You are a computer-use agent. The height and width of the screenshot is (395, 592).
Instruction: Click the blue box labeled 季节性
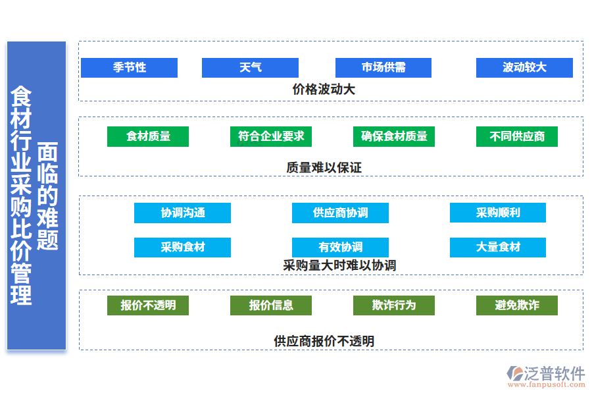click(129, 68)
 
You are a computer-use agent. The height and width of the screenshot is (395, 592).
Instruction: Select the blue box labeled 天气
click(250, 68)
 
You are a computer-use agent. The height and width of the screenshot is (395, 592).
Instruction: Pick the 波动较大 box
click(524, 68)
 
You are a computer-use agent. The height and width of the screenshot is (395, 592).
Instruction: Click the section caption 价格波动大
click(324, 89)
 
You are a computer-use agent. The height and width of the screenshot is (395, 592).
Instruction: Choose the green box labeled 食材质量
click(148, 136)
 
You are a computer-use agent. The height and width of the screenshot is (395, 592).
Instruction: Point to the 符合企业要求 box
click(271, 136)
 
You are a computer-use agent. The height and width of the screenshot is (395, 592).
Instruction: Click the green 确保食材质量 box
click(394, 136)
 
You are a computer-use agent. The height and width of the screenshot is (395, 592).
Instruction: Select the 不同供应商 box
click(517, 136)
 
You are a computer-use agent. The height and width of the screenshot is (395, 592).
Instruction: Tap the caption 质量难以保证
click(324, 167)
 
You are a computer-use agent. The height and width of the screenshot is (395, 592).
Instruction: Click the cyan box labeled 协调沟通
click(182, 213)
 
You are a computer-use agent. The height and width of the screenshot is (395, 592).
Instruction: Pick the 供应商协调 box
click(340, 213)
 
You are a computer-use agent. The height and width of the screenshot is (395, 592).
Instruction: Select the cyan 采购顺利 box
click(498, 213)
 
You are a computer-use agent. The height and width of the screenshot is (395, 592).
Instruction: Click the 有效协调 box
click(340, 247)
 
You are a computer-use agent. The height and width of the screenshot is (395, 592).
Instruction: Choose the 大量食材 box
click(498, 247)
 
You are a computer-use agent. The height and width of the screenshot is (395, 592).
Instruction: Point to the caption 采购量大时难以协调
click(339, 265)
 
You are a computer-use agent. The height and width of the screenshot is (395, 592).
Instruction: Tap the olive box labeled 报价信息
click(271, 305)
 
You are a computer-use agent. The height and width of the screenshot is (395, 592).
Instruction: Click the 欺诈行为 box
click(394, 305)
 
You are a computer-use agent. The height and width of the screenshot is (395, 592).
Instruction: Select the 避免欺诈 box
click(517, 305)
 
